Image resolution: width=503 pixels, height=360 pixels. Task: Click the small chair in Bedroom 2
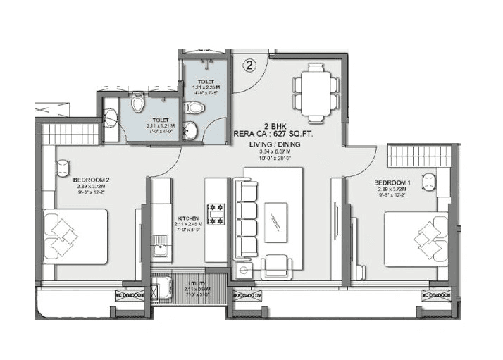coord(62,168)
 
